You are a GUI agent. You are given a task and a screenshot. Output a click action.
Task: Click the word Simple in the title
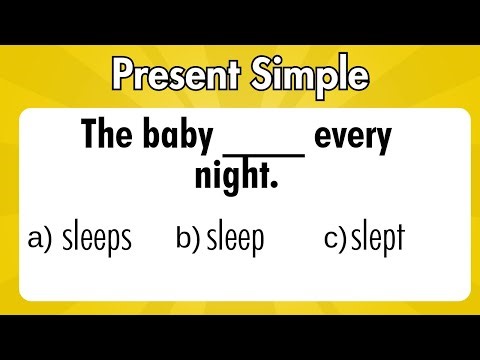pos(310,76)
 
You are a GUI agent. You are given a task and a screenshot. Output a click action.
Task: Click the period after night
pos(272,186)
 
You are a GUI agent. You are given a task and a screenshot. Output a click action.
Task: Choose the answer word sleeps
pos(97,239)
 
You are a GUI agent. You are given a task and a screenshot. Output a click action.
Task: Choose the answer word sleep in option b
pos(236,239)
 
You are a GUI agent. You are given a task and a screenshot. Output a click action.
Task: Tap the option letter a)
pos(41,240)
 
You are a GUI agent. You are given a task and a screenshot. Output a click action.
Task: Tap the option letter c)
pos(336,240)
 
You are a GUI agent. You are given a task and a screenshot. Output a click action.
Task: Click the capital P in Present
pos(123,76)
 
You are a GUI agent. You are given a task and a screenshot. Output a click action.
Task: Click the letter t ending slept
pos(400,239)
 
